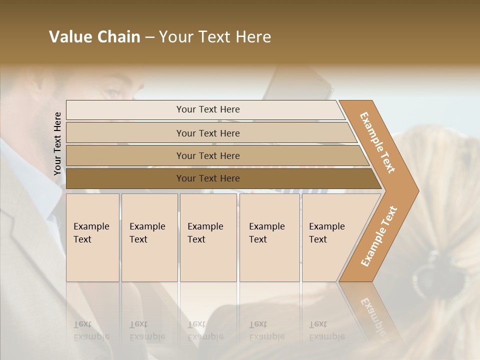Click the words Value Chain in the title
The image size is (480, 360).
[94, 37]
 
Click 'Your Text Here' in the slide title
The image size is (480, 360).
[215, 37]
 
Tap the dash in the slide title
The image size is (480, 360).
[149, 37]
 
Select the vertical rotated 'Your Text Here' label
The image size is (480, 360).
[57, 143]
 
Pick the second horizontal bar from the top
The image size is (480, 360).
[208, 133]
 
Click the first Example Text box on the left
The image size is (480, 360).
[92, 237]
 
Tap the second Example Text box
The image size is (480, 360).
[149, 237]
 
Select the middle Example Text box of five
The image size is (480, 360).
[207, 237]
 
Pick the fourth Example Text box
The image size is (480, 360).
[269, 237]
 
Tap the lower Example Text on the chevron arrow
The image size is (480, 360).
[379, 236]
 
